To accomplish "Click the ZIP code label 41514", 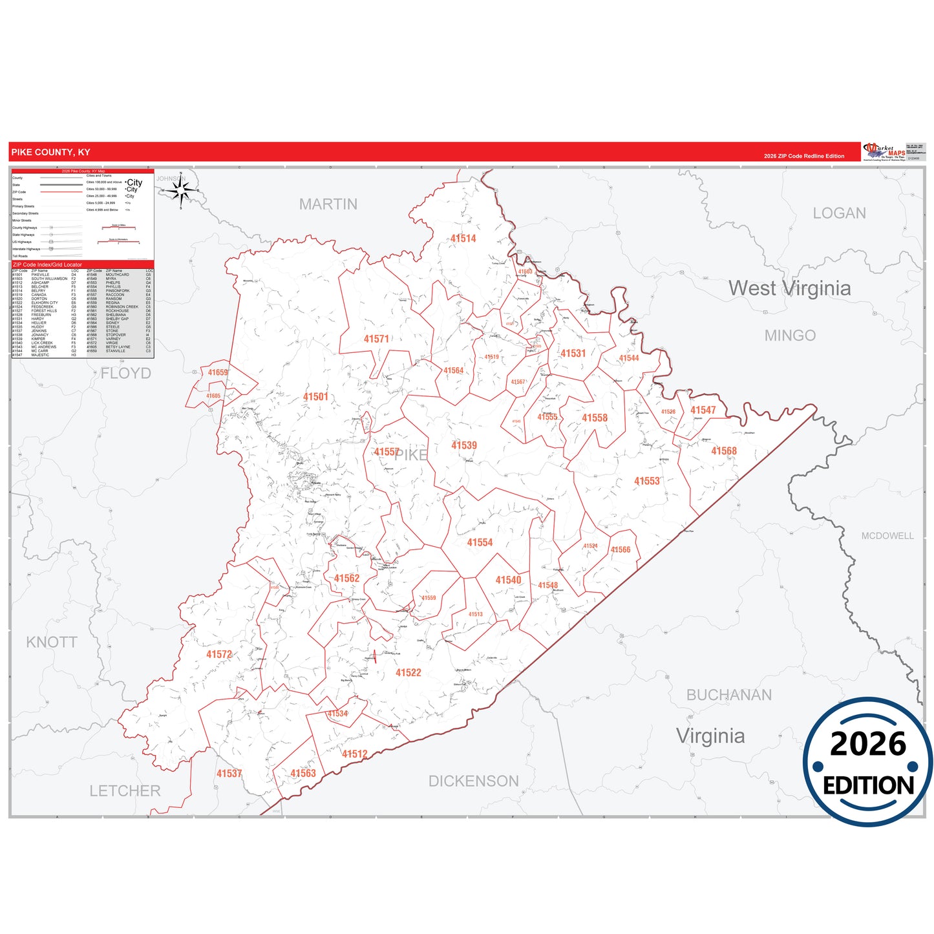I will pyautogui.click(x=463, y=239).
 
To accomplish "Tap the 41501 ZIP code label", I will pyautogui.click(x=315, y=397).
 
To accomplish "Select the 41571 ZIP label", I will pyautogui.click(x=376, y=339).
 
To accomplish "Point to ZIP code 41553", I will pyautogui.click(x=646, y=481).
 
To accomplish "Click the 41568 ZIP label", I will pyautogui.click(x=723, y=451).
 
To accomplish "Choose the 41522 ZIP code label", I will pyautogui.click(x=408, y=673).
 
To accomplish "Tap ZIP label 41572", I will pyautogui.click(x=218, y=655).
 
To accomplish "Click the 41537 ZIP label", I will pyautogui.click(x=229, y=774).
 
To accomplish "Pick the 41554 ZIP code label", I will pyautogui.click(x=480, y=543).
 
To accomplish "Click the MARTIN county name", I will pyautogui.click(x=328, y=204).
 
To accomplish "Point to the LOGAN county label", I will pyautogui.click(x=839, y=213).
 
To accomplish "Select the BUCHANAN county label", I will pyautogui.click(x=728, y=695).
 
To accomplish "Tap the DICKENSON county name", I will pyautogui.click(x=473, y=781).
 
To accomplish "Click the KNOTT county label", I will pyautogui.click(x=52, y=642).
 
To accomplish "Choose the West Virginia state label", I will pyautogui.click(x=789, y=288).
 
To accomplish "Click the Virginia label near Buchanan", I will pyautogui.click(x=710, y=736).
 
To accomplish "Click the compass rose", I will pyautogui.click(x=181, y=190).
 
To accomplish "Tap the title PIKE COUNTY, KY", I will pyautogui.click(x=50, y=153).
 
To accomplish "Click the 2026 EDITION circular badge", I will pyautogui.click(x=867, y=762).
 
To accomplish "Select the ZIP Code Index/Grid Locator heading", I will pyautogui.click(x=47, y=264).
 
